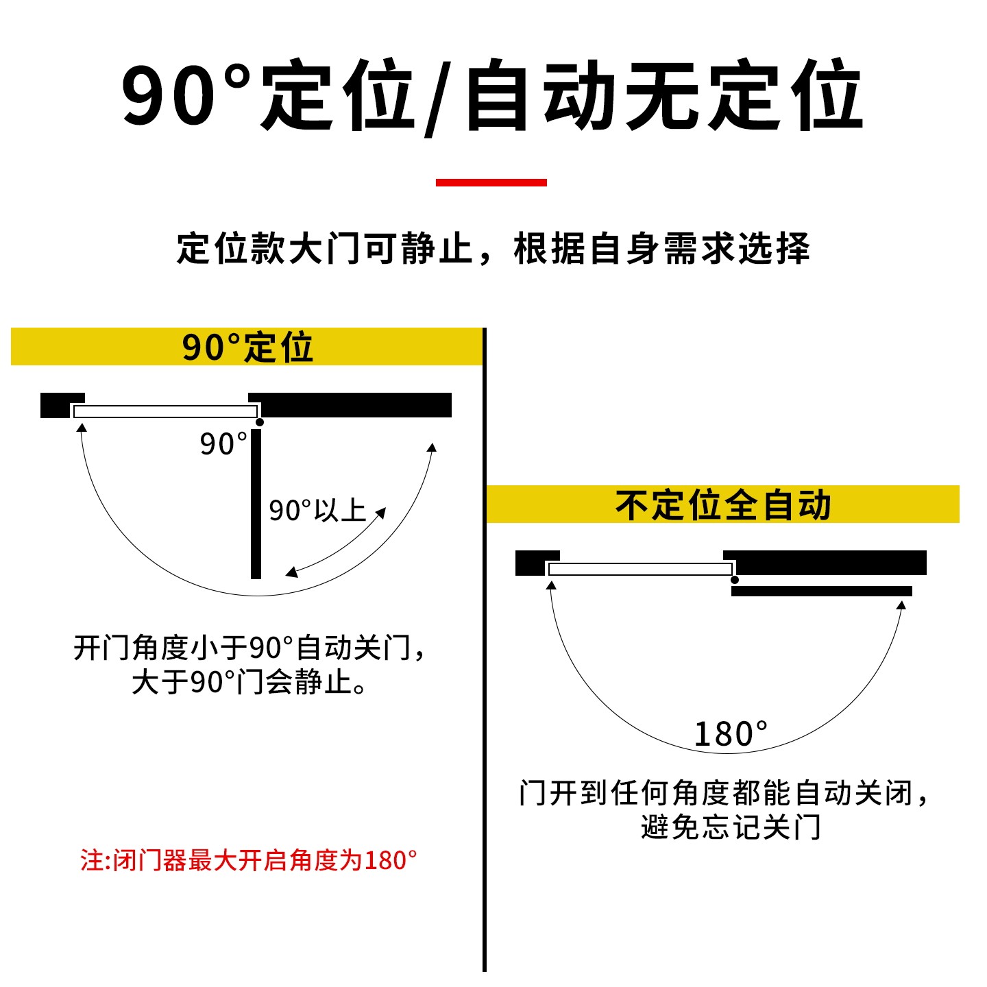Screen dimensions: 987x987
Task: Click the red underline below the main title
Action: point(491,182)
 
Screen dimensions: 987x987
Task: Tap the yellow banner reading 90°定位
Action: point(247,347)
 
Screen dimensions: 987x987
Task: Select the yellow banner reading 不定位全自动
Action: point(722,505)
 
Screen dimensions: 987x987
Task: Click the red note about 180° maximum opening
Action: point(248,860)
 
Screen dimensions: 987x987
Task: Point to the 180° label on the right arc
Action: point(731,734)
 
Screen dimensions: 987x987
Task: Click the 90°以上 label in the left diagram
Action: point(317,511)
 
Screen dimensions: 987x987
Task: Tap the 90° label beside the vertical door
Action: point(223,444)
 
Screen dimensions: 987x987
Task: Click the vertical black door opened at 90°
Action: point(256,504)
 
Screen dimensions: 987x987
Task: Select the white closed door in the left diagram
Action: point(165,411)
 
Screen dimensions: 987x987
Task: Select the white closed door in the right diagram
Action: point(640,569)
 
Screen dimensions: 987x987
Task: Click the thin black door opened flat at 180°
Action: point(821,591)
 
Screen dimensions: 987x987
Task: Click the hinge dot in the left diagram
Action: point(259,422)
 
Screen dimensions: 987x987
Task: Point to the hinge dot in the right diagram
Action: point(735,580)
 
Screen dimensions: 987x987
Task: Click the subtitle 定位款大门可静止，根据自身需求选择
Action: point(493,248)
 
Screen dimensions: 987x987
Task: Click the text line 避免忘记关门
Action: point(731,827)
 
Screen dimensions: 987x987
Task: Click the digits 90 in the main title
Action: point(169,96)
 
